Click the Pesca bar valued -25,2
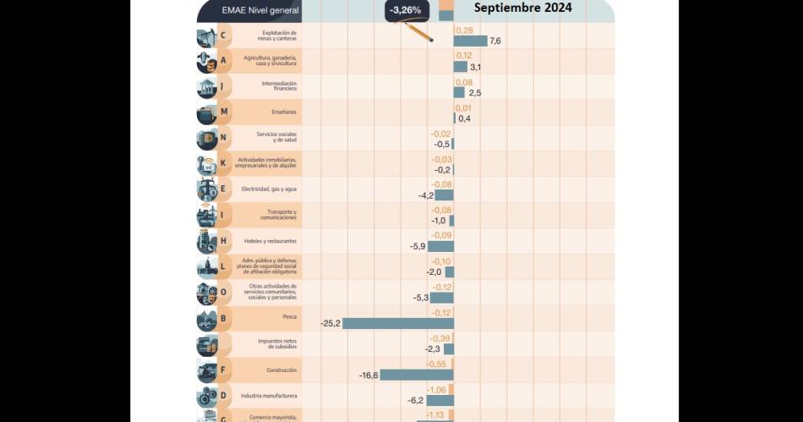point(397,324)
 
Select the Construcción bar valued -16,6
point(416,375)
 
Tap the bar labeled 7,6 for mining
point(470,41)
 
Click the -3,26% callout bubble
point(407,10)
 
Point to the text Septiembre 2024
point(522,8)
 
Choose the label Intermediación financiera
point(279,85)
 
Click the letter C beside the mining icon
point(223,36)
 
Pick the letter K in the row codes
point(223,163)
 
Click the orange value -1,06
point(437,390)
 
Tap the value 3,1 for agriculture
point(475,67)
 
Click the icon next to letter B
point(207,320)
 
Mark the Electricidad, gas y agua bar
point(445,195)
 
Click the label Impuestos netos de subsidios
point(277,344)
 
